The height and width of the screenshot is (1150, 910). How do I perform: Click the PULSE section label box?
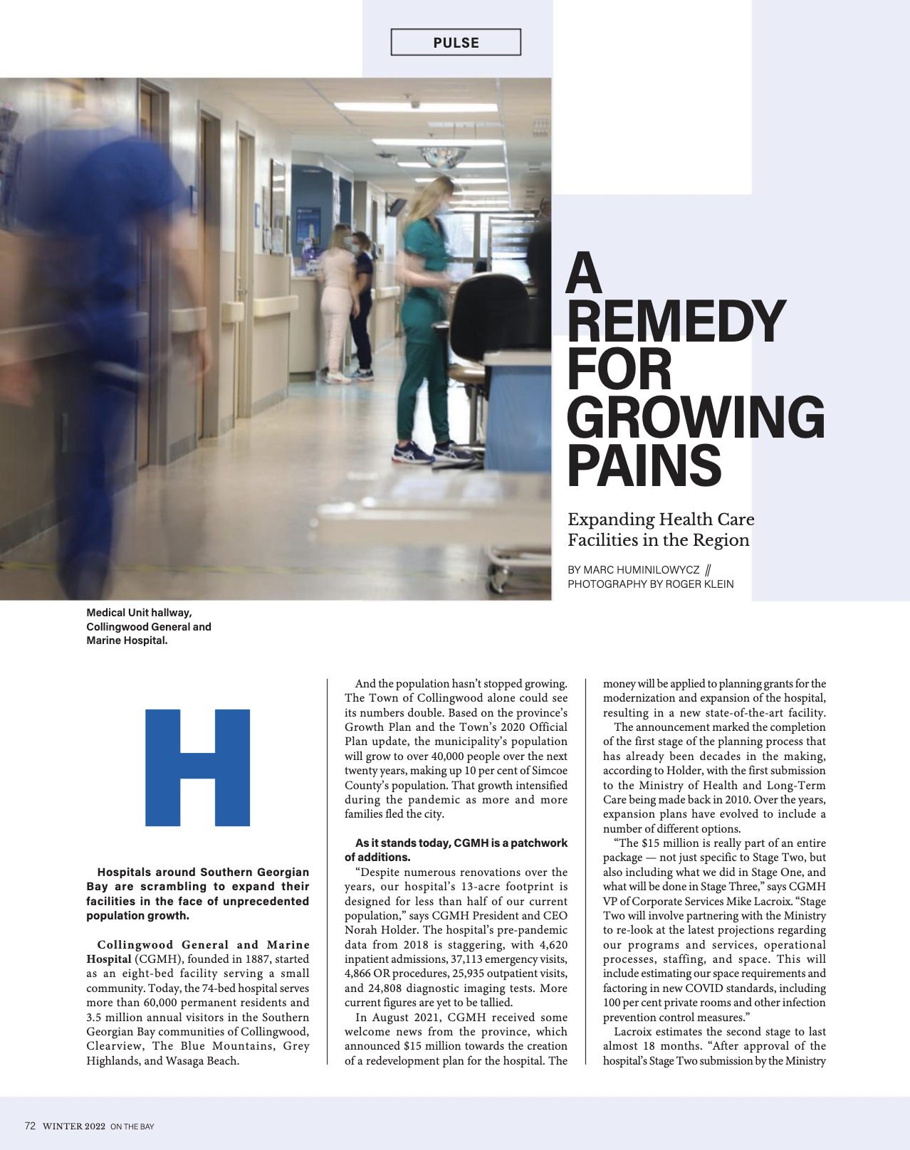click(456, 42)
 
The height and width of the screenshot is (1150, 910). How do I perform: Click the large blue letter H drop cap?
click(197, 767)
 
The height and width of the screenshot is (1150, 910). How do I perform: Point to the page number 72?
click(30, 1126)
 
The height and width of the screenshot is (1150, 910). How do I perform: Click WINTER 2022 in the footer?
click(74, 1127)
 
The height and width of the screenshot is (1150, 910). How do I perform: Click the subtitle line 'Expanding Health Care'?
click(660, 519)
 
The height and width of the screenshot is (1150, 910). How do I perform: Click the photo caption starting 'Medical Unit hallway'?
click(148, 626)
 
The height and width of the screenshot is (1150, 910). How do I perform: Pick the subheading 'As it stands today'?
click(456, 850)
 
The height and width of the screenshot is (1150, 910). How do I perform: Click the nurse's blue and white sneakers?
click(434, 452)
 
